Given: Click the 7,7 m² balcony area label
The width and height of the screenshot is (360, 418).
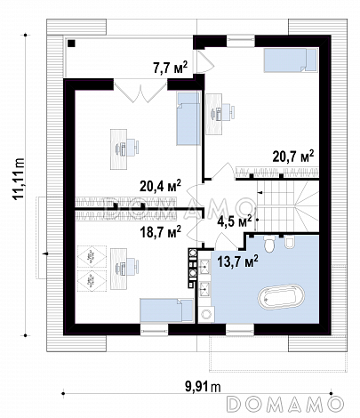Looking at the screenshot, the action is click(171, 67).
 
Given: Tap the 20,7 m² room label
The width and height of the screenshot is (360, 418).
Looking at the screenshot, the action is click(292, 156).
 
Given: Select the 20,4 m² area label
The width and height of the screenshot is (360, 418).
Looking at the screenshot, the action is click(160, 186).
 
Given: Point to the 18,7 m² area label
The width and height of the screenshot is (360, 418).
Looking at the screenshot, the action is click(160, 231).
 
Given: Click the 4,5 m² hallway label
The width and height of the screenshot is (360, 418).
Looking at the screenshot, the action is click(234, 221).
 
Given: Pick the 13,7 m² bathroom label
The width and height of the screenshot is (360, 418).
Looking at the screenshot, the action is click(237, 261).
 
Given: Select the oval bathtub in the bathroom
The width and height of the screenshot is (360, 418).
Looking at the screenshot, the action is click(281, 296).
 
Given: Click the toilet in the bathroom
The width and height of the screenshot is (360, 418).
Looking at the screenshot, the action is click(270, 245).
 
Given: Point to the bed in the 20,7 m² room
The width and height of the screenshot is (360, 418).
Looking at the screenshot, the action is click(290, 60).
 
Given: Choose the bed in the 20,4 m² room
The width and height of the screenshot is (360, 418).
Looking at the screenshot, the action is click(188, 118).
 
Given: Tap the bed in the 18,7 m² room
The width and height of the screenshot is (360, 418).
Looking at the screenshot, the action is click(166, 310).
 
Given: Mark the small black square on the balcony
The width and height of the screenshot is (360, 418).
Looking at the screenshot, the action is click(71, 44).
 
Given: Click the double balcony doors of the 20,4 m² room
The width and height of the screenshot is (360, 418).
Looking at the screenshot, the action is click(140, 92).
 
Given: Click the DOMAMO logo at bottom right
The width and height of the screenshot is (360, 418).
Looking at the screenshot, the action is click(286, 404).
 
